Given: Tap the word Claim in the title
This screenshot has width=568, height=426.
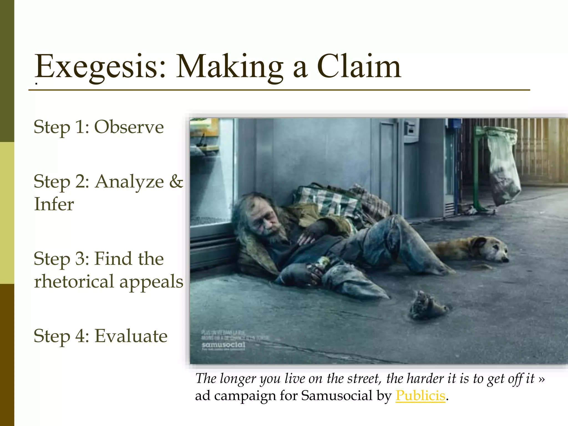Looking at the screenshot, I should (x=359, y=67).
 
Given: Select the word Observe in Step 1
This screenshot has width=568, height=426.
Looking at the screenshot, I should (x=129, y=127).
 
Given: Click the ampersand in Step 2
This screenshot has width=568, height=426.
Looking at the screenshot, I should (x=176, y=181).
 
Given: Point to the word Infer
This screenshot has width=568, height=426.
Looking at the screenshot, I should (x=54, y=204).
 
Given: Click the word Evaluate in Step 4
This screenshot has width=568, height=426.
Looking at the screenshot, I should (x=131, y=336).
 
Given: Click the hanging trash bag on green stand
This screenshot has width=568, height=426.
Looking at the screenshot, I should (x=503, y=166).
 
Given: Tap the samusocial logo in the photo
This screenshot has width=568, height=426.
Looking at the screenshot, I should (x=224, y=345).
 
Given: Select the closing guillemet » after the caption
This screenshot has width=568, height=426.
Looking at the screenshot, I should (x=541, y=379).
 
